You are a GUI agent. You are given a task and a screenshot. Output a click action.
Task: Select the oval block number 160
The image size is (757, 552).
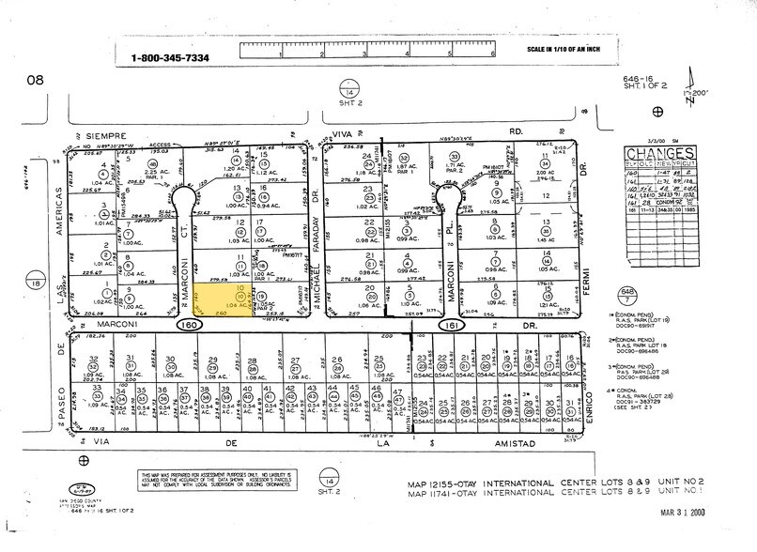click(187, 324)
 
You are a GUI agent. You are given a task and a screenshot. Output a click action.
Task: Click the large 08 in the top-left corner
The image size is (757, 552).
click(35, 80)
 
